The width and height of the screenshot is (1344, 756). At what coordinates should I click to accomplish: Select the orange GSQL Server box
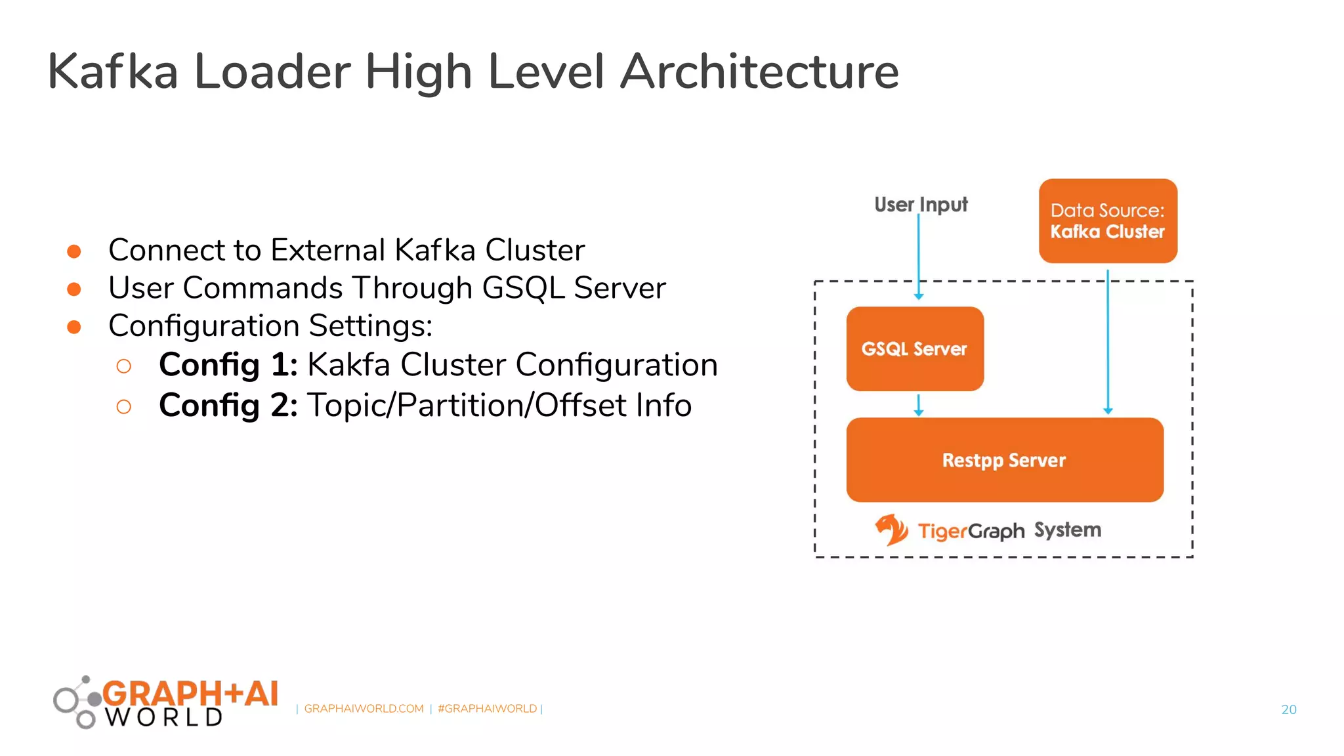[x=914, y=348]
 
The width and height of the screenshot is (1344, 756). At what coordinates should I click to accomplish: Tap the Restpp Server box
[x=1004, y=459]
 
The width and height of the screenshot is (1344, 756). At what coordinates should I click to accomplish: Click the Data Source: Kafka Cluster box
[x=1107, y=220]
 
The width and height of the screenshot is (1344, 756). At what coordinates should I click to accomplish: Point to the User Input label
[x=920, y=205]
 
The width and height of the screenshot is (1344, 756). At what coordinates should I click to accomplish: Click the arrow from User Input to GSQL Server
[x=919, y=256]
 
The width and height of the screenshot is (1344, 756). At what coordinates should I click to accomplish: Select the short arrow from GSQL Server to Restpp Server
[x=919, y=405]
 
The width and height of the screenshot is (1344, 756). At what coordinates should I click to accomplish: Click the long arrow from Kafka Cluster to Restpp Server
[x=1108, y=341]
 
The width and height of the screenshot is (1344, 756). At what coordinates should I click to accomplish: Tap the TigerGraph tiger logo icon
[x=891, y=530]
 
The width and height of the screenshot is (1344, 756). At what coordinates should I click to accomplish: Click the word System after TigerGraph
[x=1067, y=530]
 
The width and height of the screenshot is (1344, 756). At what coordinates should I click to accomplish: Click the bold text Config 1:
[x=228, y=365]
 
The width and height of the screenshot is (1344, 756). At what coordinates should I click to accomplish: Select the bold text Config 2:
[x=228, y=406]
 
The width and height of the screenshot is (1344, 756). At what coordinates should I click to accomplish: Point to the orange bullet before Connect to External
[x=74, y=251]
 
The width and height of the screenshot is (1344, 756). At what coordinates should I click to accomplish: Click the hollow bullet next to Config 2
[x=123, y=407]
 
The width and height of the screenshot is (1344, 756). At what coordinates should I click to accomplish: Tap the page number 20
[x=1288, y=709]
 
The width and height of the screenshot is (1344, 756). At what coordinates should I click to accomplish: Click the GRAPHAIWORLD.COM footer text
[x=364, y=709]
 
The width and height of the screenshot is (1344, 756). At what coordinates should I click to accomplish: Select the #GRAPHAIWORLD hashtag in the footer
[x=487, y=709]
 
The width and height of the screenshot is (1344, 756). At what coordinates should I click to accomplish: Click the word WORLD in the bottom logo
[x=164, y=717]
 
